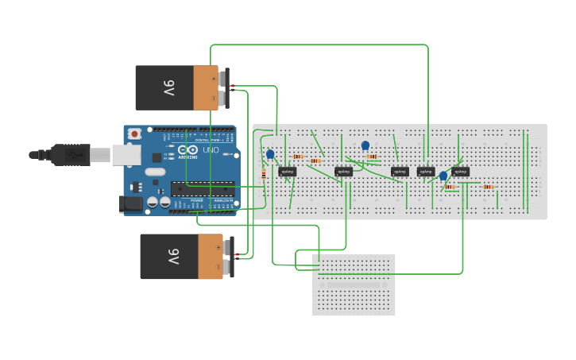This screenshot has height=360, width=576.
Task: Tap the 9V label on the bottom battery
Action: [x=172, y=257]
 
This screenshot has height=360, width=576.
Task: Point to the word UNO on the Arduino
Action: [x=211, y=150]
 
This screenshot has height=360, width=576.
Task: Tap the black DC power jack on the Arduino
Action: [x=131, y=204]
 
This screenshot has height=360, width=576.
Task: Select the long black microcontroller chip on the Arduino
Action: [x=203, y=188]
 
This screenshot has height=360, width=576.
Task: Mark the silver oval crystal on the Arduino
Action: [x=155, y=172]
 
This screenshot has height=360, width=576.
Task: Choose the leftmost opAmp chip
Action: [x=288, y=172]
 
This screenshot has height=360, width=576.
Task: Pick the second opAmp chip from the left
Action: [x=343, y=172]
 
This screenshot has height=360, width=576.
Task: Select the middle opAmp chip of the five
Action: [x=399, y=172]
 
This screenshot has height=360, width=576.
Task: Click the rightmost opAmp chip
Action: [x=460, y=172]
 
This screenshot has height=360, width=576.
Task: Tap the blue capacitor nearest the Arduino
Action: [x=270, y=154]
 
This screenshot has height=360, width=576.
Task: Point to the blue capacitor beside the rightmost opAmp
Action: [x=443, y=176]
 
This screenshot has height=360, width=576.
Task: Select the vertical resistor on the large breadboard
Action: [x=264, y=173]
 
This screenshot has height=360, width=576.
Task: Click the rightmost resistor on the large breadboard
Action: [x=488, y=187]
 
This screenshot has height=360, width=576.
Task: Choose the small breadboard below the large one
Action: [x=354, y=285]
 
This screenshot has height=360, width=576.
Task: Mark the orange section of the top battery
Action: [x=205, y=87]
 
